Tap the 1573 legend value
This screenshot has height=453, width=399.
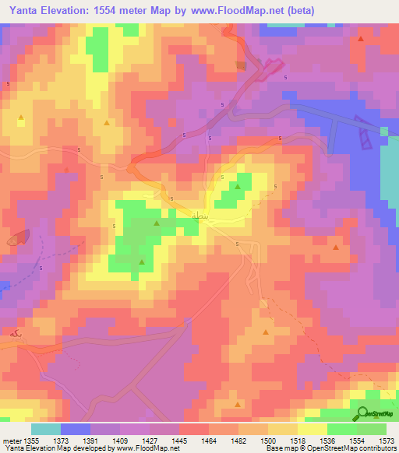click(x=387, y=441)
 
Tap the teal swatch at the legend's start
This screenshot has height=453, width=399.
click(x=46, y=429)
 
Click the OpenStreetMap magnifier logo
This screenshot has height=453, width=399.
click(x=362, y=415)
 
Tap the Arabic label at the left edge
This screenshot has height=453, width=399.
click(x=10, y=332)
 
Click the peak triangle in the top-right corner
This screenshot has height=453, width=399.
click(x=361, y=38)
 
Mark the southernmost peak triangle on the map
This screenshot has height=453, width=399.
click(x=238, y=404)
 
